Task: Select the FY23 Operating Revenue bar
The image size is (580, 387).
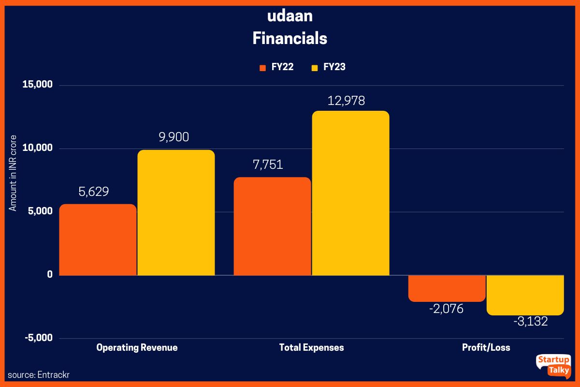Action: [x=176, y=212]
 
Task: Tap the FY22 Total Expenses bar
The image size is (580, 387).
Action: [x=272, y=226]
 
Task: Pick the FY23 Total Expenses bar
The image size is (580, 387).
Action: [x=350, y=193]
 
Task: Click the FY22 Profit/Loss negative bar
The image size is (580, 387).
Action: [x=447, y=288]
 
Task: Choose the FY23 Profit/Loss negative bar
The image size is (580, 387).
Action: [x=525, y=295]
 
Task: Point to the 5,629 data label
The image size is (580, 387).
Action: [x=94, y=192]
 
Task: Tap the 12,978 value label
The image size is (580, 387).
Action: [x=346, y=101]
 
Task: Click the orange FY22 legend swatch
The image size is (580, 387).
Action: [x=263, y=68]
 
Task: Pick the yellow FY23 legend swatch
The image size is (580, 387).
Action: [x=315, y=68]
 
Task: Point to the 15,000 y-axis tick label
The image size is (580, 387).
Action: [x=37, y=85]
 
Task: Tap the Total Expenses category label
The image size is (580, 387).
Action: [x=312, y=348]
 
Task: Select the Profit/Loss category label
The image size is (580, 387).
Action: [x=486, y=348]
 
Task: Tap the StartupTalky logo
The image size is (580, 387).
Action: [x=553, y=366]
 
